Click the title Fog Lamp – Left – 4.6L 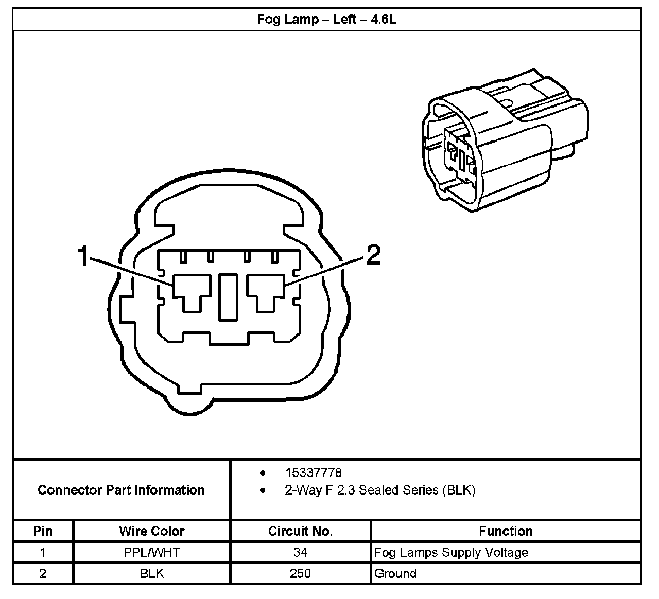tap(327, 20)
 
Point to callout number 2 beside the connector tap(373, 255)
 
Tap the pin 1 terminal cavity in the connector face tap(191, 292)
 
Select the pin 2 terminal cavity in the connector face tap(266, 292)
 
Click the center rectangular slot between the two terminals tap(228, 296)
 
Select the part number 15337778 tap(313, 472)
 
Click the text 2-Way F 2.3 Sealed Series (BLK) tap(380, 490)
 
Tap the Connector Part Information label tap(121, 490)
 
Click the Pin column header tap(43, 531)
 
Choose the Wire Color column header tap(152, 531)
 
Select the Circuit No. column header tap(300, 531)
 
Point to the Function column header tap(506, 531)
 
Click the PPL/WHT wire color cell tap(152, 553)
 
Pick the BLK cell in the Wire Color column tap(152, 573)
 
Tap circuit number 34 tap(300, 553)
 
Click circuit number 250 tap(300, 573)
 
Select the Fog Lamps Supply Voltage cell tap(451, 553)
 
